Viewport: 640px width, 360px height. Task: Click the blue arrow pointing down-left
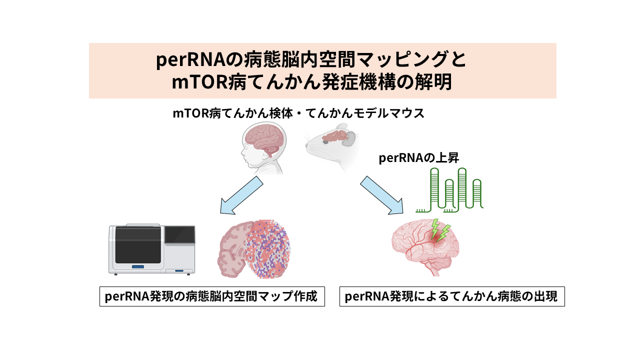coord(241,195)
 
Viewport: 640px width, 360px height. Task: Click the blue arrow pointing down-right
coord(381,195)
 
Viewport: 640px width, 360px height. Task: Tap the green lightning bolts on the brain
coord(440,229)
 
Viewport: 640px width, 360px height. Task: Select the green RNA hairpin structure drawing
coord(449,190)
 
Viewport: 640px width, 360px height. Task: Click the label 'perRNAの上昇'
coord(418,158)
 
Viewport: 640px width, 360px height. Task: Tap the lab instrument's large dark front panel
coord(138,245)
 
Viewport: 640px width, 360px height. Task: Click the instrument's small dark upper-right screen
coord(180,234)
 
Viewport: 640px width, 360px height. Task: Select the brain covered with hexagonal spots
coord(253,249)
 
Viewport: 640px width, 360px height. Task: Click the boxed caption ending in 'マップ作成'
coord(212,296)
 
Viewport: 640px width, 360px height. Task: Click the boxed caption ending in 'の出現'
coord(452,296)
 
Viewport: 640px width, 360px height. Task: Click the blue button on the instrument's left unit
coord(138,267)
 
